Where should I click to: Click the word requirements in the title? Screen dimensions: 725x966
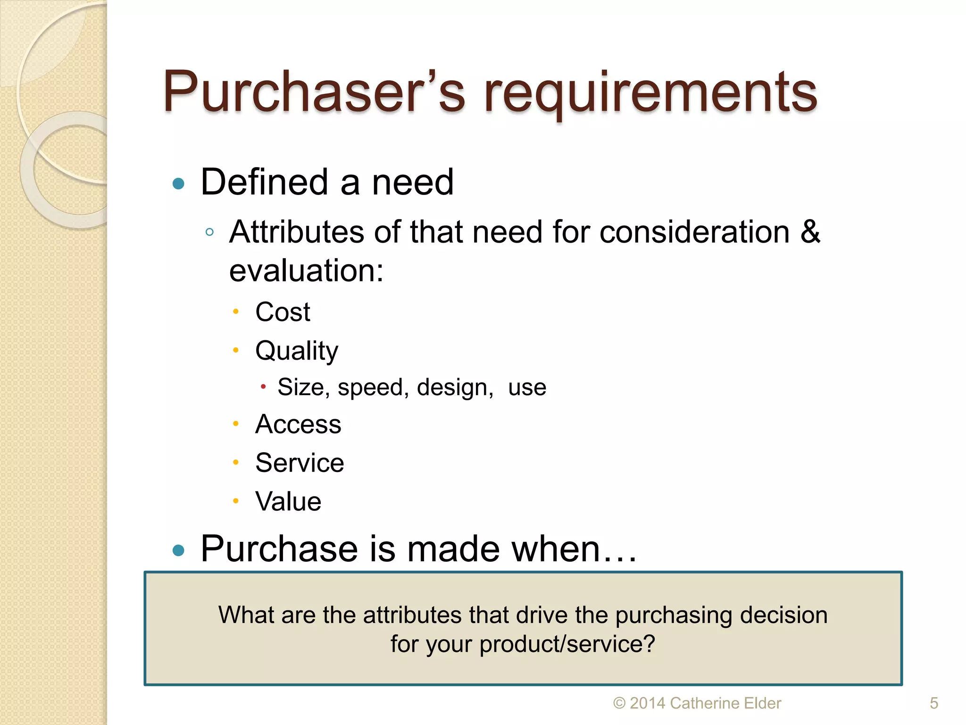[651, 93]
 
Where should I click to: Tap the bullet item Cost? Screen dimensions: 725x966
[283, 312]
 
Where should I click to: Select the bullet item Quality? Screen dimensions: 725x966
[297, 351]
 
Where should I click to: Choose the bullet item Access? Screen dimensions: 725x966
[298, 424]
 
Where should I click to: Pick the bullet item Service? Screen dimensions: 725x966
[300, 463]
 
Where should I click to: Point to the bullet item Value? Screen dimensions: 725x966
[288, 501]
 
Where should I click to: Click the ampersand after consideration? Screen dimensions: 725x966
[810, 232]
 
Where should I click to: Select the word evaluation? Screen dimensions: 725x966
[306, 271]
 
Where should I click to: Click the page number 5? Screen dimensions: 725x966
[933, 703]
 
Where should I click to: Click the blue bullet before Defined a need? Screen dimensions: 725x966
[178, 184]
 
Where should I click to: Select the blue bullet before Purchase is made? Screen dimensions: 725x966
[178, 550]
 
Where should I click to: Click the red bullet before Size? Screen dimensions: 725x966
[263, 388]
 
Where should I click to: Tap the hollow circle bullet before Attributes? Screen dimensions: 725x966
[210, 232]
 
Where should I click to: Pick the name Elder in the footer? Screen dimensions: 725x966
[762, 703]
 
